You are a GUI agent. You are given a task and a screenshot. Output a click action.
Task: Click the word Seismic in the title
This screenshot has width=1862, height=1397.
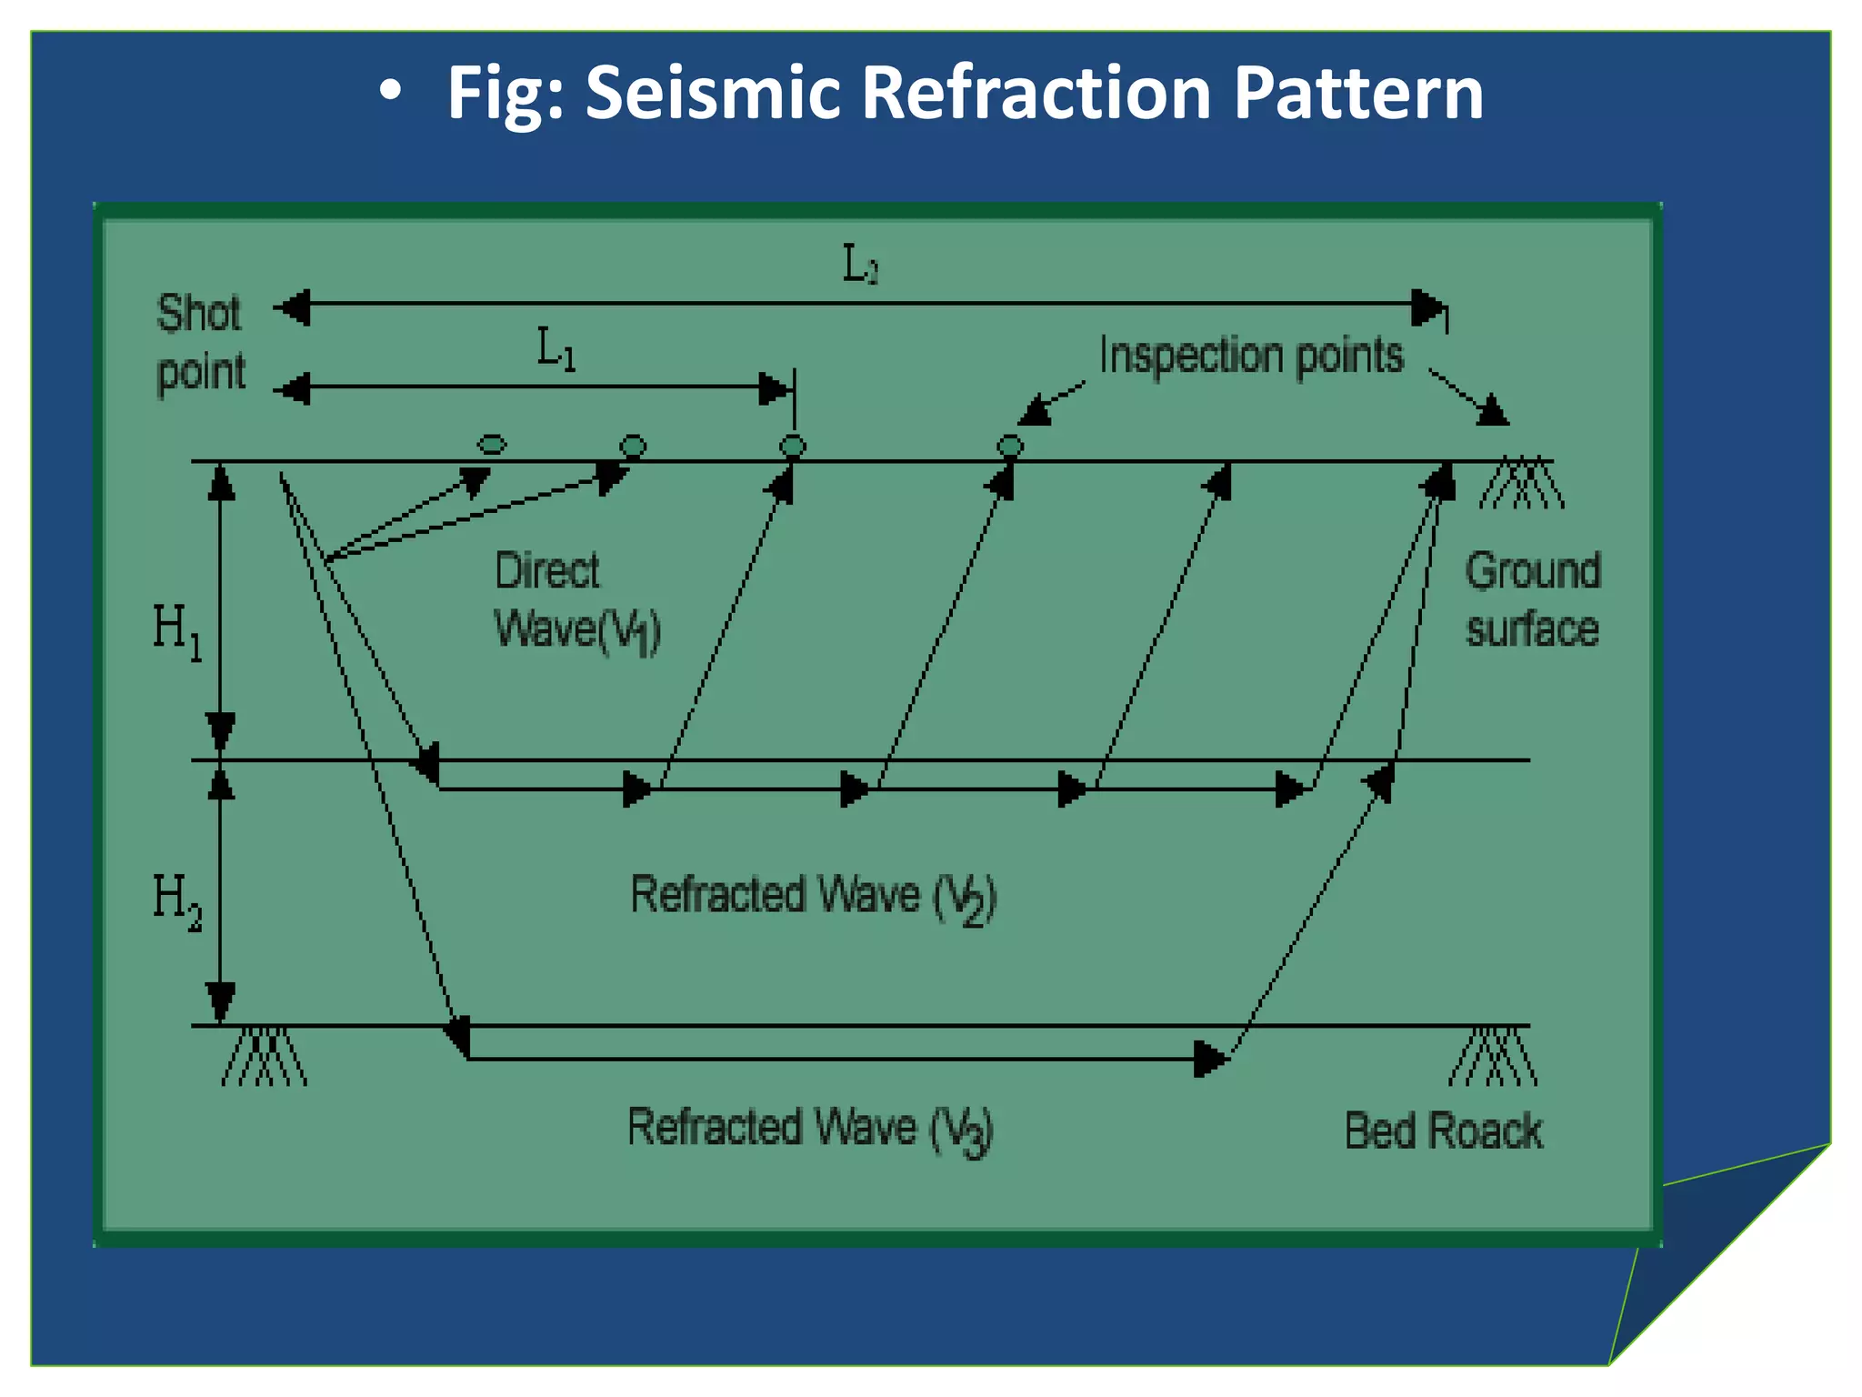point(713,93)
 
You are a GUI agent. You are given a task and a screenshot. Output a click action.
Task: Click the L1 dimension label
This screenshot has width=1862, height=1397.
point(556,349)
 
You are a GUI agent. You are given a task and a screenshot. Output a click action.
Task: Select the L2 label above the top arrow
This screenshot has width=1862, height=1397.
point(859,265)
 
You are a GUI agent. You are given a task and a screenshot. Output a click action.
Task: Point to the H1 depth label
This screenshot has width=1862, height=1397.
point(176,630)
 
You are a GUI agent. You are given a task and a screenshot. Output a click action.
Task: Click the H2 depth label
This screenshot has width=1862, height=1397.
point(176,900)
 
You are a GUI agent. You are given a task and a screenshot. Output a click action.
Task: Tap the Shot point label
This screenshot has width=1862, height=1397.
point(200,343)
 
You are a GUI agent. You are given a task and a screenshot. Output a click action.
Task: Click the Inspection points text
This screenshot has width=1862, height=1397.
point(1251,355)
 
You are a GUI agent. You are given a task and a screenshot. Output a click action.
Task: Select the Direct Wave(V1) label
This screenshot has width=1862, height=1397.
point(576,600)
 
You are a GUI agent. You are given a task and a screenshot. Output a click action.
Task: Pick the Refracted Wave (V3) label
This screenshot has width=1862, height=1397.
point(809,1130)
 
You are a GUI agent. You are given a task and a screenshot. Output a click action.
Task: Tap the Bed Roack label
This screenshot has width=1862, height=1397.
point(1443,1131)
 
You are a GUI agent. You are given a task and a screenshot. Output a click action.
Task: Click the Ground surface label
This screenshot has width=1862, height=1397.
point(1532,600)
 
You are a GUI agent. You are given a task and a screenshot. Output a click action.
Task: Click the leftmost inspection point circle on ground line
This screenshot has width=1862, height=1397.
point(492,445)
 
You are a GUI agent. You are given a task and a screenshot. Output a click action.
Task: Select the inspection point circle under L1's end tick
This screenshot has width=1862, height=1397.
point(793,446)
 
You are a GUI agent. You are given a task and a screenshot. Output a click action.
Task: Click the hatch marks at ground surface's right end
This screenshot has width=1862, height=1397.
point(1521,483)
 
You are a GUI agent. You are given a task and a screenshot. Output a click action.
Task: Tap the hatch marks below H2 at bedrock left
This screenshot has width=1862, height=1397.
point(264,1057)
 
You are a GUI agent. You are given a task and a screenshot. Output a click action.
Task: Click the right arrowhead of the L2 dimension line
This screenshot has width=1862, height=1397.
point(1427,307)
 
